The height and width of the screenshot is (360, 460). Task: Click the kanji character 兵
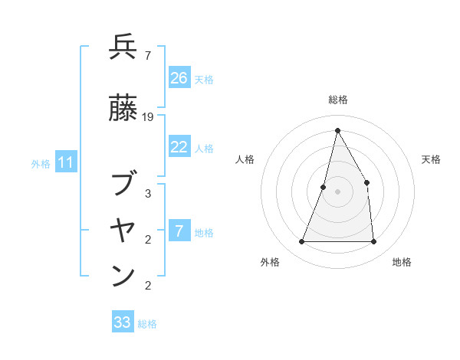click(x=123, y=47)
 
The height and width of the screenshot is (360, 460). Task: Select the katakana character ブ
click(x=123, y=185)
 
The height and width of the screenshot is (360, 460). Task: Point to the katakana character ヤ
click(x=123, y=229)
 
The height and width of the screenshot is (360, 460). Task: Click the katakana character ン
click(x=123, y=276)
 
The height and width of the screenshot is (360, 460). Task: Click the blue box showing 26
click(x=179, y=78)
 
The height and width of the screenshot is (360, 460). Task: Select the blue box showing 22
click(x=179, y=148)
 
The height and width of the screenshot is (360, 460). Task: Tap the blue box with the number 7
click(x=179, y=232)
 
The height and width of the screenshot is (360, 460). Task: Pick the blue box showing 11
click(x=66, y=163)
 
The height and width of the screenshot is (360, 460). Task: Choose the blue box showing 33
click(x=123, y=322)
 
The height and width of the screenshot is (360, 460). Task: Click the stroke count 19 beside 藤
click(x=148, y=117)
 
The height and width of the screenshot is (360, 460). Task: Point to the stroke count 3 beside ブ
click(x=148, y=193)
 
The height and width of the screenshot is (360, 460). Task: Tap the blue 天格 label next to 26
click(x=204, y=79)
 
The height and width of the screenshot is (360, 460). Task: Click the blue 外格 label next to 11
click(x=41, y=164)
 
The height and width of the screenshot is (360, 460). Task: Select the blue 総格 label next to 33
click(x=147, y=324)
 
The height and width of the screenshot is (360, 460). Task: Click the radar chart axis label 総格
click(x=337, y=100)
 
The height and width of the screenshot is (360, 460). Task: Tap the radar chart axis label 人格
click(x=245, y=159)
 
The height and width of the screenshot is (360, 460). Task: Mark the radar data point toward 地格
click(x=373, y=241)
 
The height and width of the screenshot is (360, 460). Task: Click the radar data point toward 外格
click(x=301, y=241)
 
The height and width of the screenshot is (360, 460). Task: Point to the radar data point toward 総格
click(x=337, y=129)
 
